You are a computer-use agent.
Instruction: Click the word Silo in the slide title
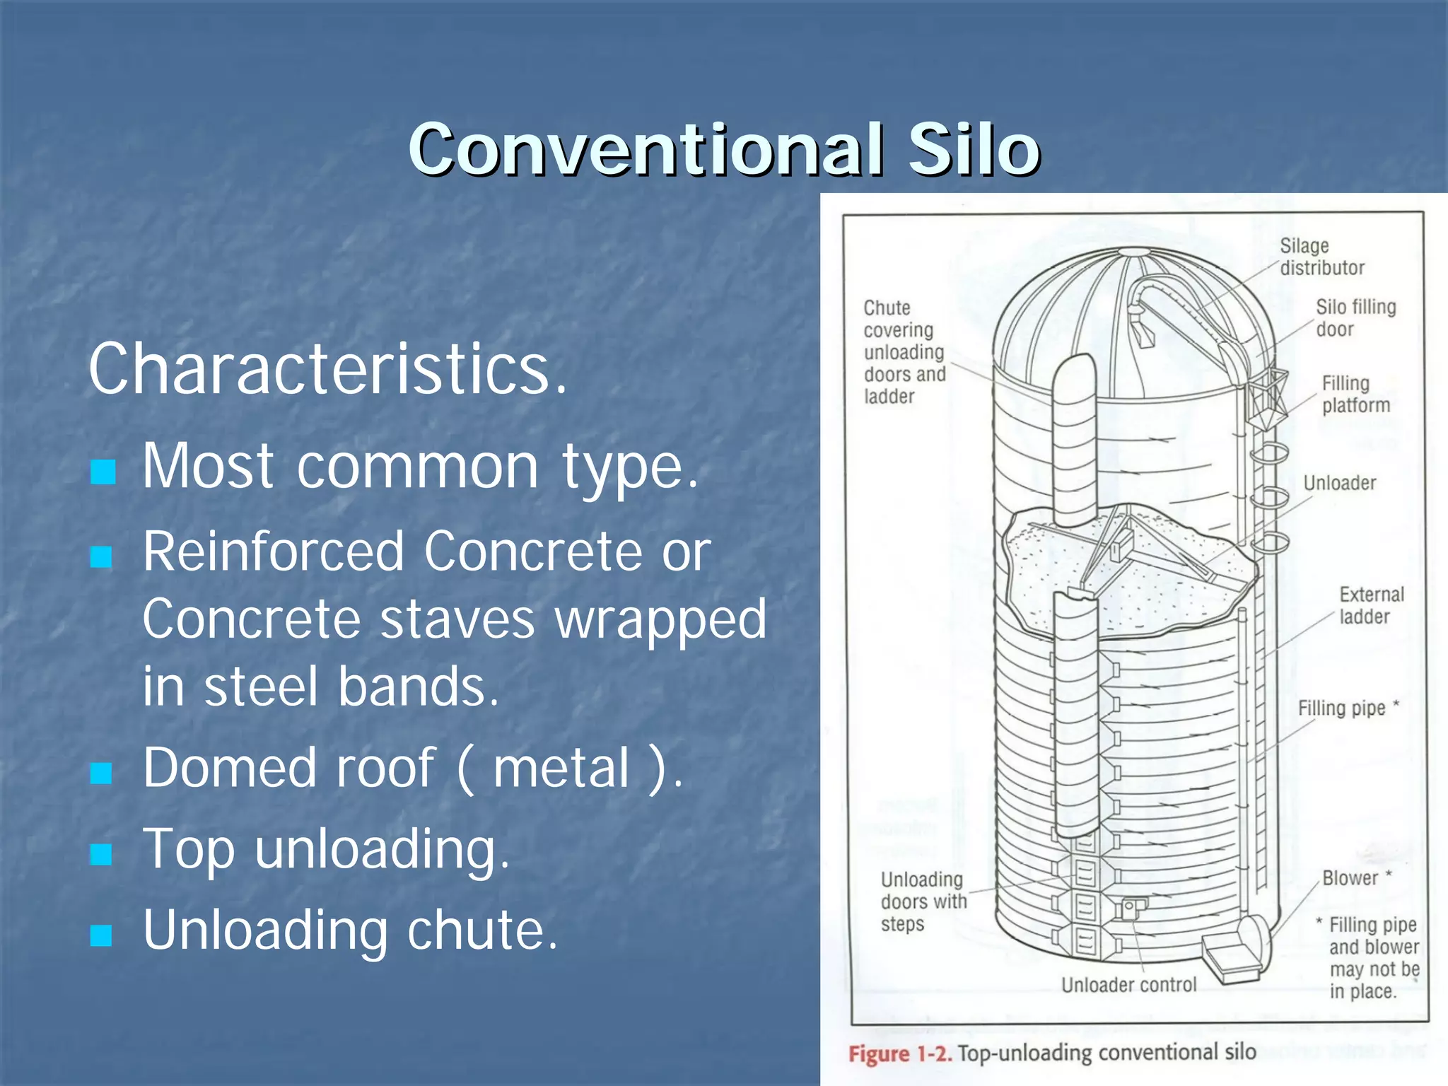click(x=974, y=150)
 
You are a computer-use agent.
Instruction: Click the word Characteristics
click(x=327, y=369)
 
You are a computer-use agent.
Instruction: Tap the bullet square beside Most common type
click(x=103, y=472)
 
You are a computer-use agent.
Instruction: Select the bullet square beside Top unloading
click(x=102, y=854)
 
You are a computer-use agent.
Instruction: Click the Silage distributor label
click(x=1321, y=257)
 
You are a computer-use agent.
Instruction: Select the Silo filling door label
click(x=1355, y=317)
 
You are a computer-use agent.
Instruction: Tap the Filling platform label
click(x=1355, y=394)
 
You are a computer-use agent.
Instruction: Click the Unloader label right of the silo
click(x=1339, y=483)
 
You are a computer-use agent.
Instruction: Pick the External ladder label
click(x=1370, y=605)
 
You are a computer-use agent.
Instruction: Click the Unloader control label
click(x=1128, y=985)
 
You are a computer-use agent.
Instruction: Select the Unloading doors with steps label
click(x=923, y=901)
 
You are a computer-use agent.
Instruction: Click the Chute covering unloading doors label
click(x=904, y=351)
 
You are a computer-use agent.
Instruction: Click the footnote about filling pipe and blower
click(x=1372, y=958)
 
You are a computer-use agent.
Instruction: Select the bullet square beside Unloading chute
click(x=102, y=935)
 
